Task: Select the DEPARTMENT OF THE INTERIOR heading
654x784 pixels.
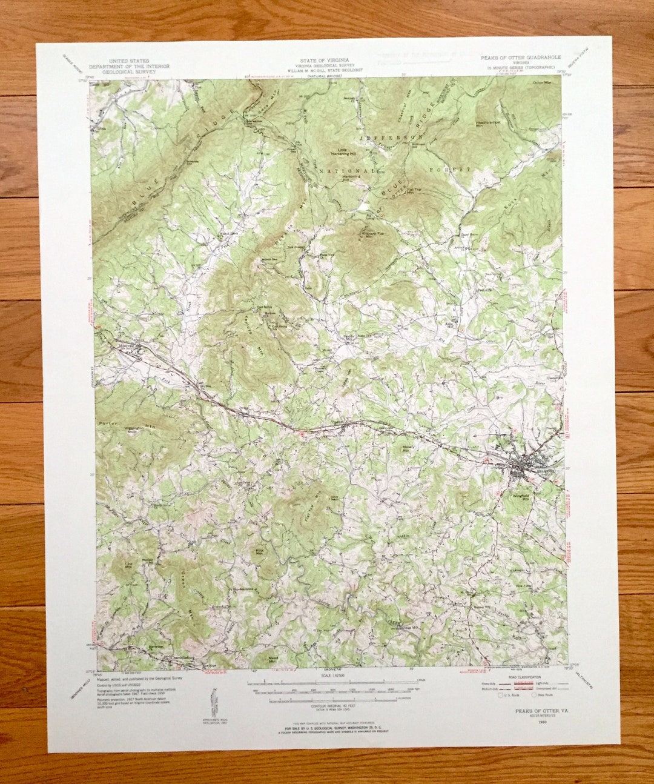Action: coord(129,66)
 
